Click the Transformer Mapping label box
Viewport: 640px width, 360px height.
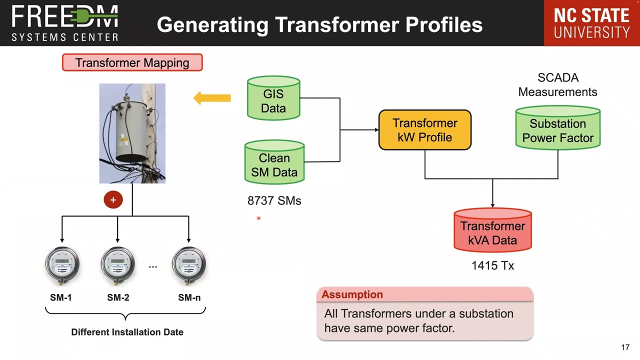pos(132,63)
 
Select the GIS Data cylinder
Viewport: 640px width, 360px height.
pos(273,98)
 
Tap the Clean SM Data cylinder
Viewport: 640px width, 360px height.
pos(274,163)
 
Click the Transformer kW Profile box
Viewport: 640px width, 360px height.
pos(424,130)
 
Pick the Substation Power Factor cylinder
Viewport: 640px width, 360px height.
pos(557,128)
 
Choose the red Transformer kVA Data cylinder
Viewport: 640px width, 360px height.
pos(492,230)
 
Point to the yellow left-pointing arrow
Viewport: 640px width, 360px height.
pos(212,98)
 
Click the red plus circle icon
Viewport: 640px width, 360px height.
pos(113,200)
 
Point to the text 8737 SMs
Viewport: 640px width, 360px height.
pos(274,201)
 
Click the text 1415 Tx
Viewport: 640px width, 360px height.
pos(492,266)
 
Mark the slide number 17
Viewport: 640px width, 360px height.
pos(625,347)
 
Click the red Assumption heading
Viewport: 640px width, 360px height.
pos(352,294)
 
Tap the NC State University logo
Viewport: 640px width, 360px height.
pos(591,23)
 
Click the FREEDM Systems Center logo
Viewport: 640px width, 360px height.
pos(65,23)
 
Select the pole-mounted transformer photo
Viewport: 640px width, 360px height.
pos(132,133)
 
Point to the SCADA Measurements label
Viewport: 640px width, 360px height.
pos(557,85)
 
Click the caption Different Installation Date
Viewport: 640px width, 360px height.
pos(127,332)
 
